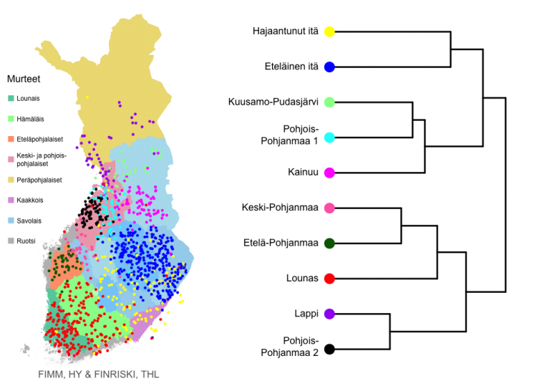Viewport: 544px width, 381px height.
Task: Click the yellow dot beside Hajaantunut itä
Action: pyautogui.click(x=329, y=32)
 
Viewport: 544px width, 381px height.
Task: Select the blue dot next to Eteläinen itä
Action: pyautogui.click(x=329, y=67)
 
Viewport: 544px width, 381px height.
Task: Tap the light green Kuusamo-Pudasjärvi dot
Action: pyautogui.click(x=329, y=102)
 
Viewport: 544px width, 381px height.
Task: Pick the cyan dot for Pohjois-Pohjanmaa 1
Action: pyautogui.click(x=329, y=138)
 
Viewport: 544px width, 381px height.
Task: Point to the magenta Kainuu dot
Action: pyautogui.click(x=329, y=173)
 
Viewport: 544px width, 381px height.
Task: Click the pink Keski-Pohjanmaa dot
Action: pyautogui.click(x=329, y=208)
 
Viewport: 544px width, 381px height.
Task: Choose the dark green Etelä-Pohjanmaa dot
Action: pyautogui.click(x=329, y=243)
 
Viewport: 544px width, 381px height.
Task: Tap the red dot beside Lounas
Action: pyautogui.click(x=329, y=279)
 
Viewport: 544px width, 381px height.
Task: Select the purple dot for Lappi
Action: pyautogui.click(x=329, y=314)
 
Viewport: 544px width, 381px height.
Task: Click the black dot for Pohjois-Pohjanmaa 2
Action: pyautogui.click(x=329, y=349)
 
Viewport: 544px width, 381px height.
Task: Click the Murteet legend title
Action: pyautogui.click(x=24, y=79)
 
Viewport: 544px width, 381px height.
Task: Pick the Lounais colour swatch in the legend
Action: pyautogui.click(x=11, y=98)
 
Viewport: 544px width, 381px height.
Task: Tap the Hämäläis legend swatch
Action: pyautogui.click(x=11, y=119)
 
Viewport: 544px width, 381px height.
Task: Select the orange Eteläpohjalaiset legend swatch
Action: pyautogui.click(x=11, y=139)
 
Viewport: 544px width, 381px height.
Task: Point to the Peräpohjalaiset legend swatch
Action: pyautogui.click(x=11, y=180)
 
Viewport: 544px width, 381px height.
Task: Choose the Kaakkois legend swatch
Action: pyautogui.click(x=11, y=201)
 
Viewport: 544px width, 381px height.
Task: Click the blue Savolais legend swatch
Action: pyautogui.click(x=11, y=221)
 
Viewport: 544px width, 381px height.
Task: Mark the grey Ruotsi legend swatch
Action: pyautogui.click(x=11, y=241)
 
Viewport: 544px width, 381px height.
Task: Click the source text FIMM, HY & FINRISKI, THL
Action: pyautogui.click(x=99, y=375)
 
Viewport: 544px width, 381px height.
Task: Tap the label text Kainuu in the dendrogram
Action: pyautogui.click(x=303, y=172)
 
